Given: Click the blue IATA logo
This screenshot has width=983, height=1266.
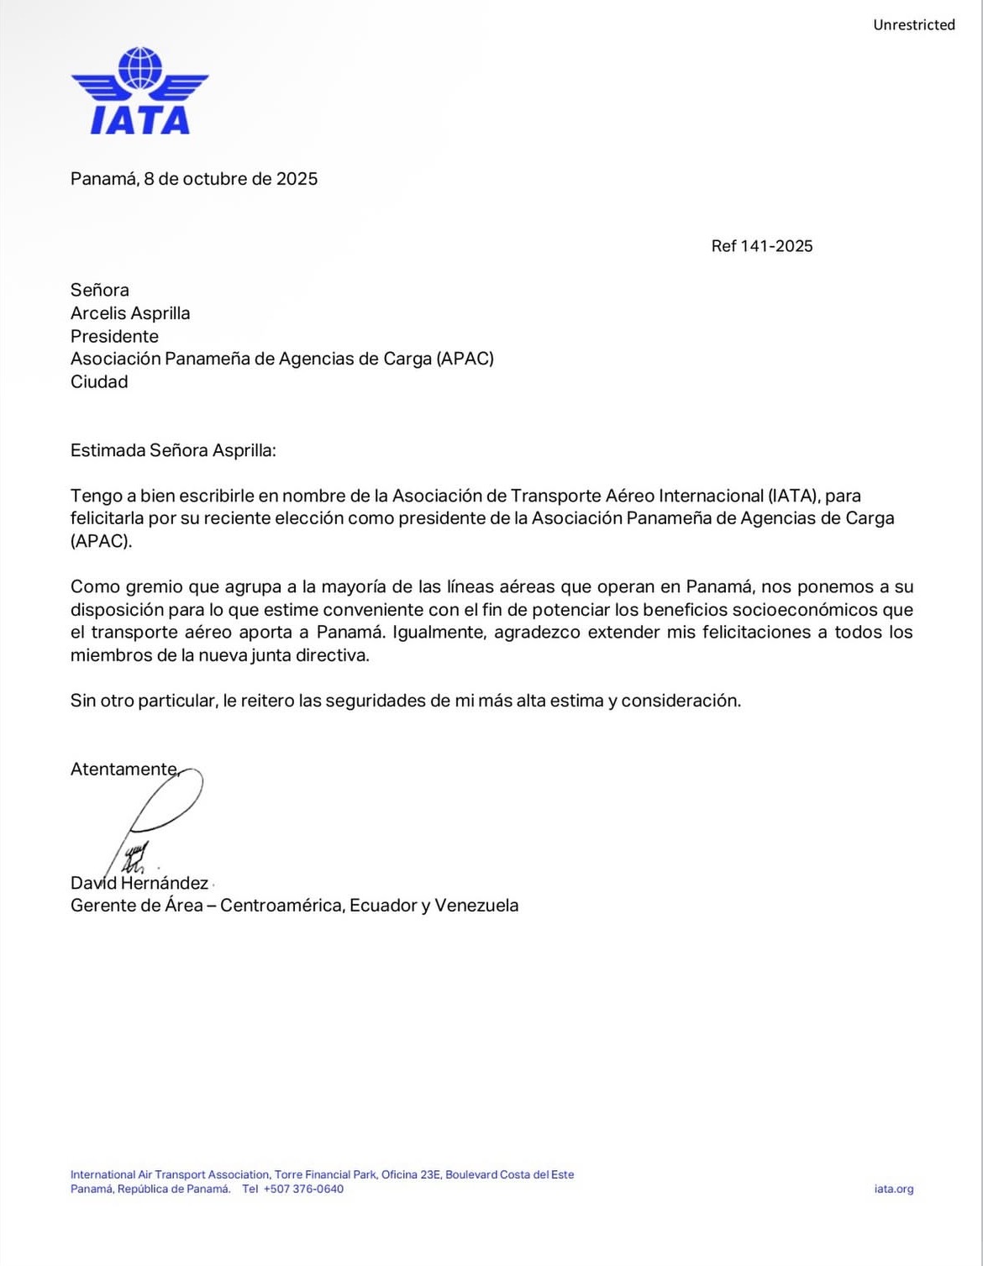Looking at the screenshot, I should point(139,91).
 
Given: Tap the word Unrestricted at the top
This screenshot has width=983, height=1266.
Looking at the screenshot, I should point(913,25).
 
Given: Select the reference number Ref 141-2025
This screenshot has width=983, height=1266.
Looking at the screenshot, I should point(761,246).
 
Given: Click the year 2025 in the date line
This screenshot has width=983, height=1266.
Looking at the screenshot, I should point(297,179).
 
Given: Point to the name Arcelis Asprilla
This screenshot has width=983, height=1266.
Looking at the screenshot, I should point(130,313).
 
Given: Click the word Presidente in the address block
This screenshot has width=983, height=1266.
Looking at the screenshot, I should point(114,336).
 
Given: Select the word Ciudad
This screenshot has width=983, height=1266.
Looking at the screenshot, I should point(99,382).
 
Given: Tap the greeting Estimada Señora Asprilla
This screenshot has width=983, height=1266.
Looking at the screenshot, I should point(172,450).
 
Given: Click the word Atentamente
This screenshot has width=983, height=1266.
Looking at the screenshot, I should point(124,769).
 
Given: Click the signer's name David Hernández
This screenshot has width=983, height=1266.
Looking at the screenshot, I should point(139,883).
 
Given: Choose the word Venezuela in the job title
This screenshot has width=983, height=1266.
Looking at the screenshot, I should point(476,906).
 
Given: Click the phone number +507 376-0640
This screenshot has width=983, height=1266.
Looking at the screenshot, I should point(303,1189).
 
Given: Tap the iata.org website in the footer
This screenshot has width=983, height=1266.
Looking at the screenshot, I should point(893,1189).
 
